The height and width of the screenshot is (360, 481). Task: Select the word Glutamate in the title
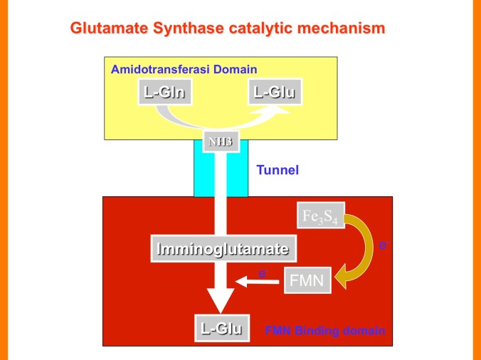(104, 29)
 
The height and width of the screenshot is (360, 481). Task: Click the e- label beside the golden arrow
(384, 245)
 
